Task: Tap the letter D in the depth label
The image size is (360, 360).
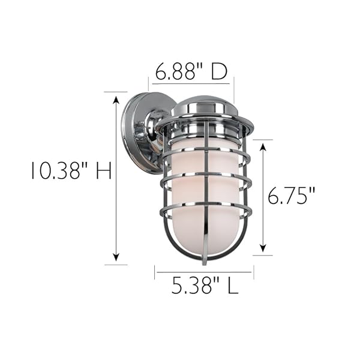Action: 219,71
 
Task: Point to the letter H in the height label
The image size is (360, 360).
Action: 104,170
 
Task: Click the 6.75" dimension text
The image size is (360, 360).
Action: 291,195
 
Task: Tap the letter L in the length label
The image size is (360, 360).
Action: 233,286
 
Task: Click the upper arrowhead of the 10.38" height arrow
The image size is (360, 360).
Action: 116,100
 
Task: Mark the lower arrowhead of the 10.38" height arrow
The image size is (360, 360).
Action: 116,257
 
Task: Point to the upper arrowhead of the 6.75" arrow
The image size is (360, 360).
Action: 263,148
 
